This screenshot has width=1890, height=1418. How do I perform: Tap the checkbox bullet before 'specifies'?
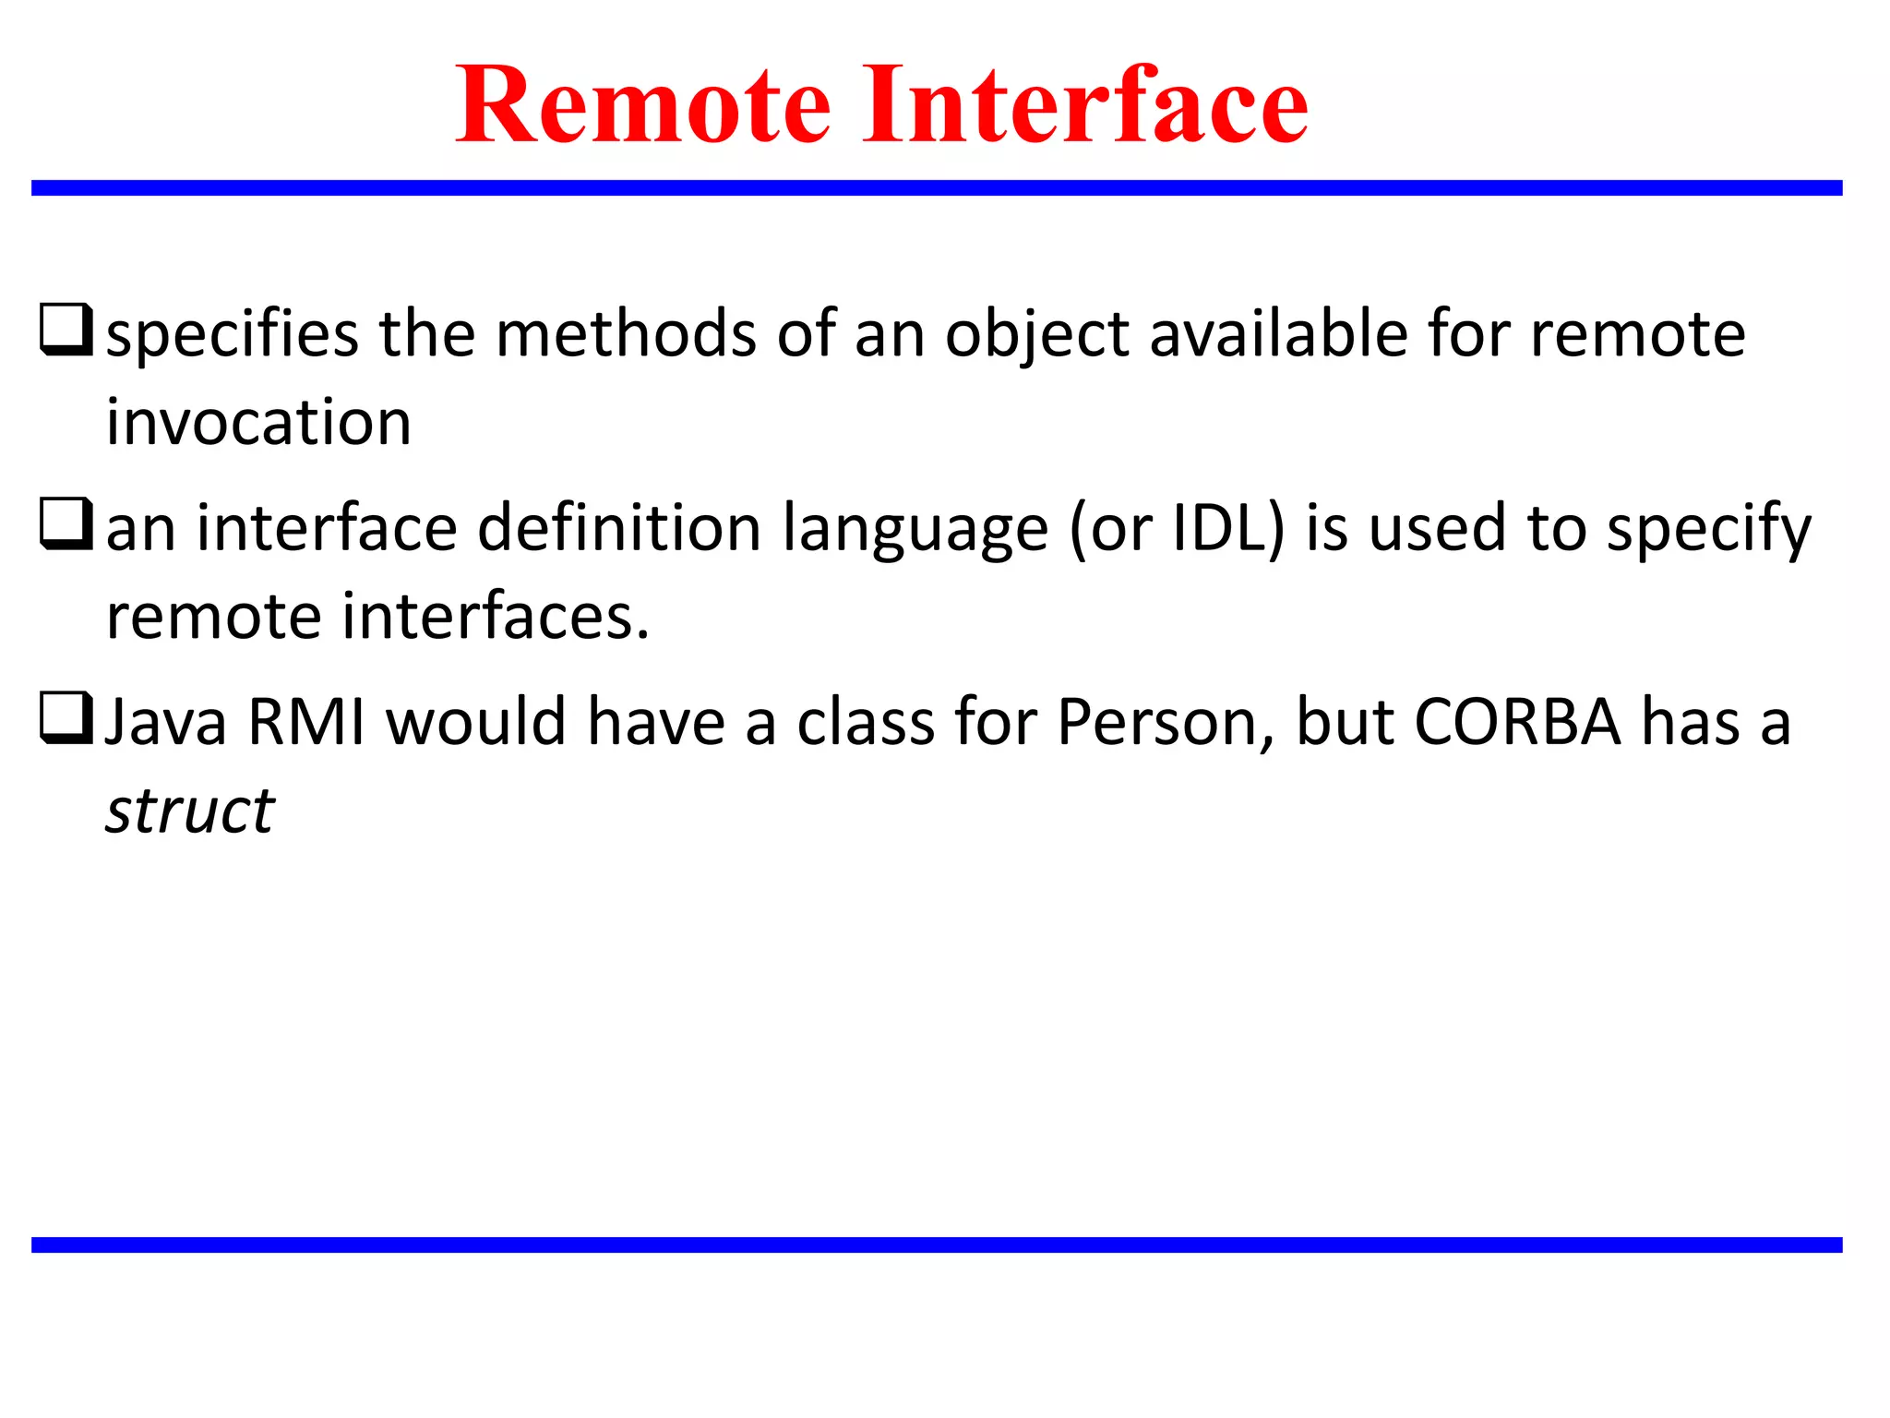[x=66, y=330]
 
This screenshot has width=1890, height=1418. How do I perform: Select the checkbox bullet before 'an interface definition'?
[x=66, y=523]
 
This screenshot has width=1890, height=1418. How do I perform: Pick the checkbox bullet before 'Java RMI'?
[x=66, y=717]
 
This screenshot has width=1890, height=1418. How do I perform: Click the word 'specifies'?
[x=232, y=334]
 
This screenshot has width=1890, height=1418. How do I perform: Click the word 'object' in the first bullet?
[x=1036, y=334]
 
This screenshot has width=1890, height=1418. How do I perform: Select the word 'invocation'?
[x=258, y=422]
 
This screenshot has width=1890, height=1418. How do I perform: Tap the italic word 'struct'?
[x=190, y=811]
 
